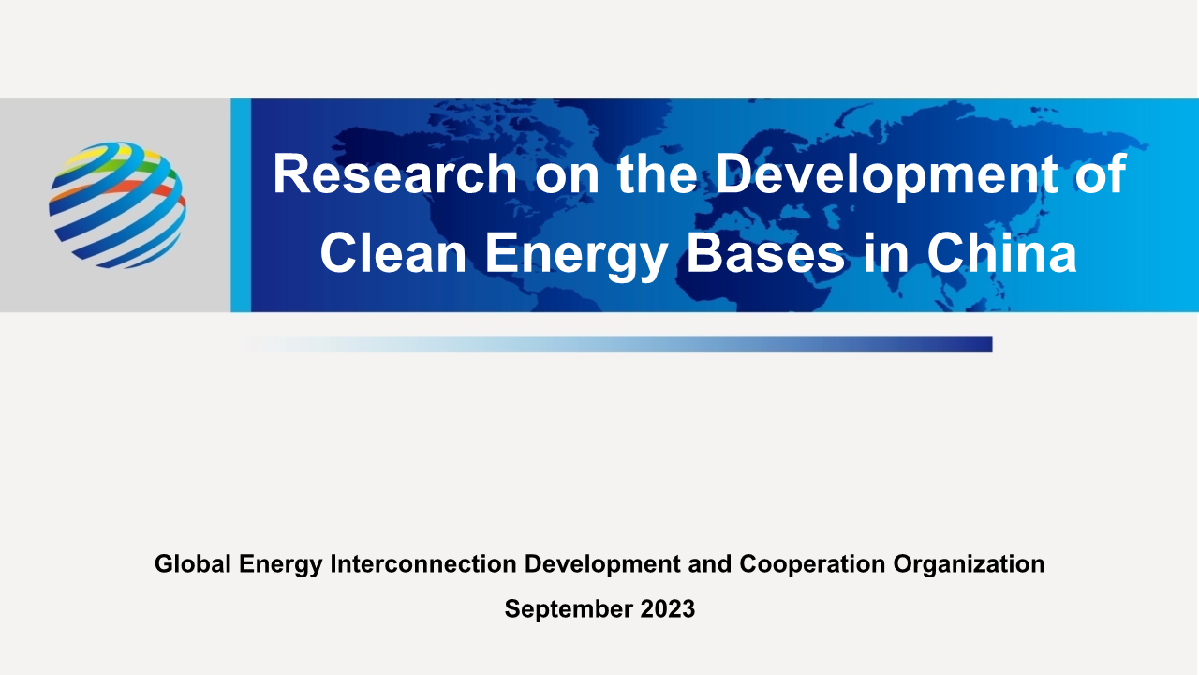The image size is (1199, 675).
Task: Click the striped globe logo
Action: tap(118, 205)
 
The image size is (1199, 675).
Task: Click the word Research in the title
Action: tap(395, 173)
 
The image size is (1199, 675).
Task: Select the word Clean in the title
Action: tap(392, 253)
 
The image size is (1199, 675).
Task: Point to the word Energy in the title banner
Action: tap(576, 256)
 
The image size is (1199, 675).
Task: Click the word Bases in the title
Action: tap(765, 253)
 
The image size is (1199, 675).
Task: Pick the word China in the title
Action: tap(1001, 253)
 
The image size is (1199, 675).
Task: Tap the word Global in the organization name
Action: tap(193, 563)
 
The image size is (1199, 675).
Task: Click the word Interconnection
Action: tap(423, 563)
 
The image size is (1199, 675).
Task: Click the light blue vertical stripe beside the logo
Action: tap(241, 205)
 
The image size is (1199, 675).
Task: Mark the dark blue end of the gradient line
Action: tap(991, 344)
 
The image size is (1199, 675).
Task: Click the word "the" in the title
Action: tap(658, 173)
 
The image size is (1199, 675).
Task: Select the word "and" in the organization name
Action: tap(710, 563)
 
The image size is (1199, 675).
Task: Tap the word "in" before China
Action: tap(886, 253)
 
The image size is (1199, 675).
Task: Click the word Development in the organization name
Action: tap(602, 564)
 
